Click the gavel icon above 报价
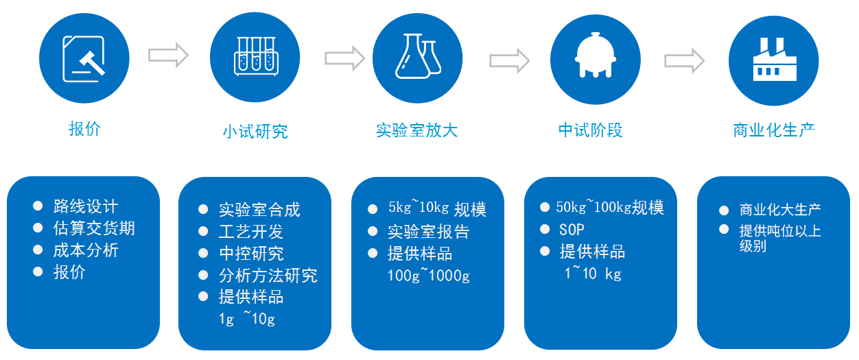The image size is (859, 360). pyautogui.click(x=84, y=59)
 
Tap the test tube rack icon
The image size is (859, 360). pyautogui.click(x=256, y=56)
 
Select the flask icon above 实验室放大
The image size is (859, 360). pyautogui.click(x=418, y=56)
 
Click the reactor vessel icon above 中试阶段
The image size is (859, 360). pyautogui.click(x=595, y=55)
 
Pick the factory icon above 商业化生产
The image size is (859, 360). pyautogui.click(x=775, y=60)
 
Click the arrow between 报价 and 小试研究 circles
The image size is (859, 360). pyautogui.click(x=168, y=56)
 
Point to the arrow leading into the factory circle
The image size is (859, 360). pyautogui.click(x=685, y=60)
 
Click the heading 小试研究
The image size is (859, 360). pyautogui.click(x=255, y=132)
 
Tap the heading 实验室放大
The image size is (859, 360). pyautogui.click(x=417, y=130)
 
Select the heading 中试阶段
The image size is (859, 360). pyautogui.click(x=591, y=130)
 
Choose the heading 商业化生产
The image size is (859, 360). pyautogui.click(x=773, y=130)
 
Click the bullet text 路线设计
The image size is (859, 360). pyautogui.click(x=86, y=206)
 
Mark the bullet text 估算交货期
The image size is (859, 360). pyautogui.click(x=94, y=228)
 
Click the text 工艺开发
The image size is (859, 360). pyautogui.click(x=251, y=232)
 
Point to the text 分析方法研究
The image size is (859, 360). pyautogui.click(x=268, y=275)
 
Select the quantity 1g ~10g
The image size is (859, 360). pyautogui.click(x=247, y=319)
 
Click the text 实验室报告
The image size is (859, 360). pyautogui.click(x=428, y=232)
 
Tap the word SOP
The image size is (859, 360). pyautogui.click(x=572, y=230)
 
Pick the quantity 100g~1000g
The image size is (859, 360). pyautogui.click(x=428, y=275)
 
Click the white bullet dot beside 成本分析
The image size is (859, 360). pyautogui.click(x=38, y=250)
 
